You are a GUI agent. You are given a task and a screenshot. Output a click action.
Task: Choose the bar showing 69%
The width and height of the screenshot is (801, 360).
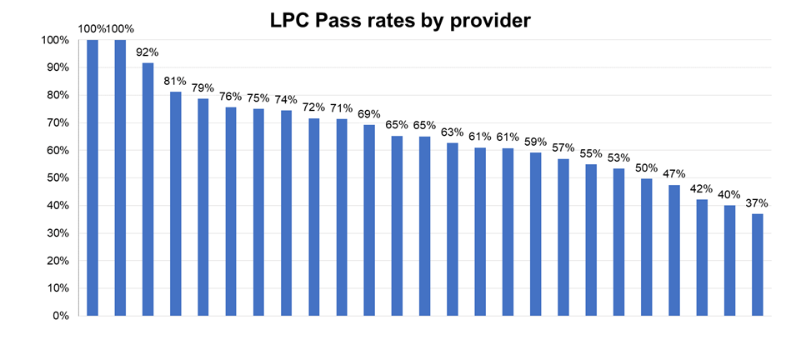coord(369,220)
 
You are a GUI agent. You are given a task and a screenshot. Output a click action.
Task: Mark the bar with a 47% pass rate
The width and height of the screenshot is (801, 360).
coord(673,250)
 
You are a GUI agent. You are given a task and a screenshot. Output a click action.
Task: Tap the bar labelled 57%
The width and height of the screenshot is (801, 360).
coord(563,237)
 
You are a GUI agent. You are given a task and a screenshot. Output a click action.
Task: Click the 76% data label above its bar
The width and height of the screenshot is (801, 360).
coord(231,96)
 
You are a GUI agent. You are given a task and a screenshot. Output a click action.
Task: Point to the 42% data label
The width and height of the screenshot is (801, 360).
coord(702,187)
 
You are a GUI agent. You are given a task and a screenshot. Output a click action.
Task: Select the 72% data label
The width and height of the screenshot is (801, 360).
coord(314,107)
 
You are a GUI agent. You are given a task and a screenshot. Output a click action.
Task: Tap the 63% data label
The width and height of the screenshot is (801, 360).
coord(453,132)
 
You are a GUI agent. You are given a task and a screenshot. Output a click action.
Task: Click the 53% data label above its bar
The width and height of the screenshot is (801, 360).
coord(618,157)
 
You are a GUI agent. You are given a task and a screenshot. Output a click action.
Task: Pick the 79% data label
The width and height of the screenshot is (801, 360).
coord(203,87)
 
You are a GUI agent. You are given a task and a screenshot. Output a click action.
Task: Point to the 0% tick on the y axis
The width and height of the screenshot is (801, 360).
coord(62,316)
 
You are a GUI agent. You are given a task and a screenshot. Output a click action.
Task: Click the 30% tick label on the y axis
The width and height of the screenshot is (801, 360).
coord(58,233)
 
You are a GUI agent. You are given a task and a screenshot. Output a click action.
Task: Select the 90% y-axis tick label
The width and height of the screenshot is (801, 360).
coord(58,67)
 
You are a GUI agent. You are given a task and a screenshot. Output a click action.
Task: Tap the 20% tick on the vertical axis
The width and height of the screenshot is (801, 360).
coord(58,261)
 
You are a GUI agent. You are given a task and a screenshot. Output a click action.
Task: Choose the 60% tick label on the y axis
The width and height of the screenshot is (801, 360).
coord(58,150)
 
